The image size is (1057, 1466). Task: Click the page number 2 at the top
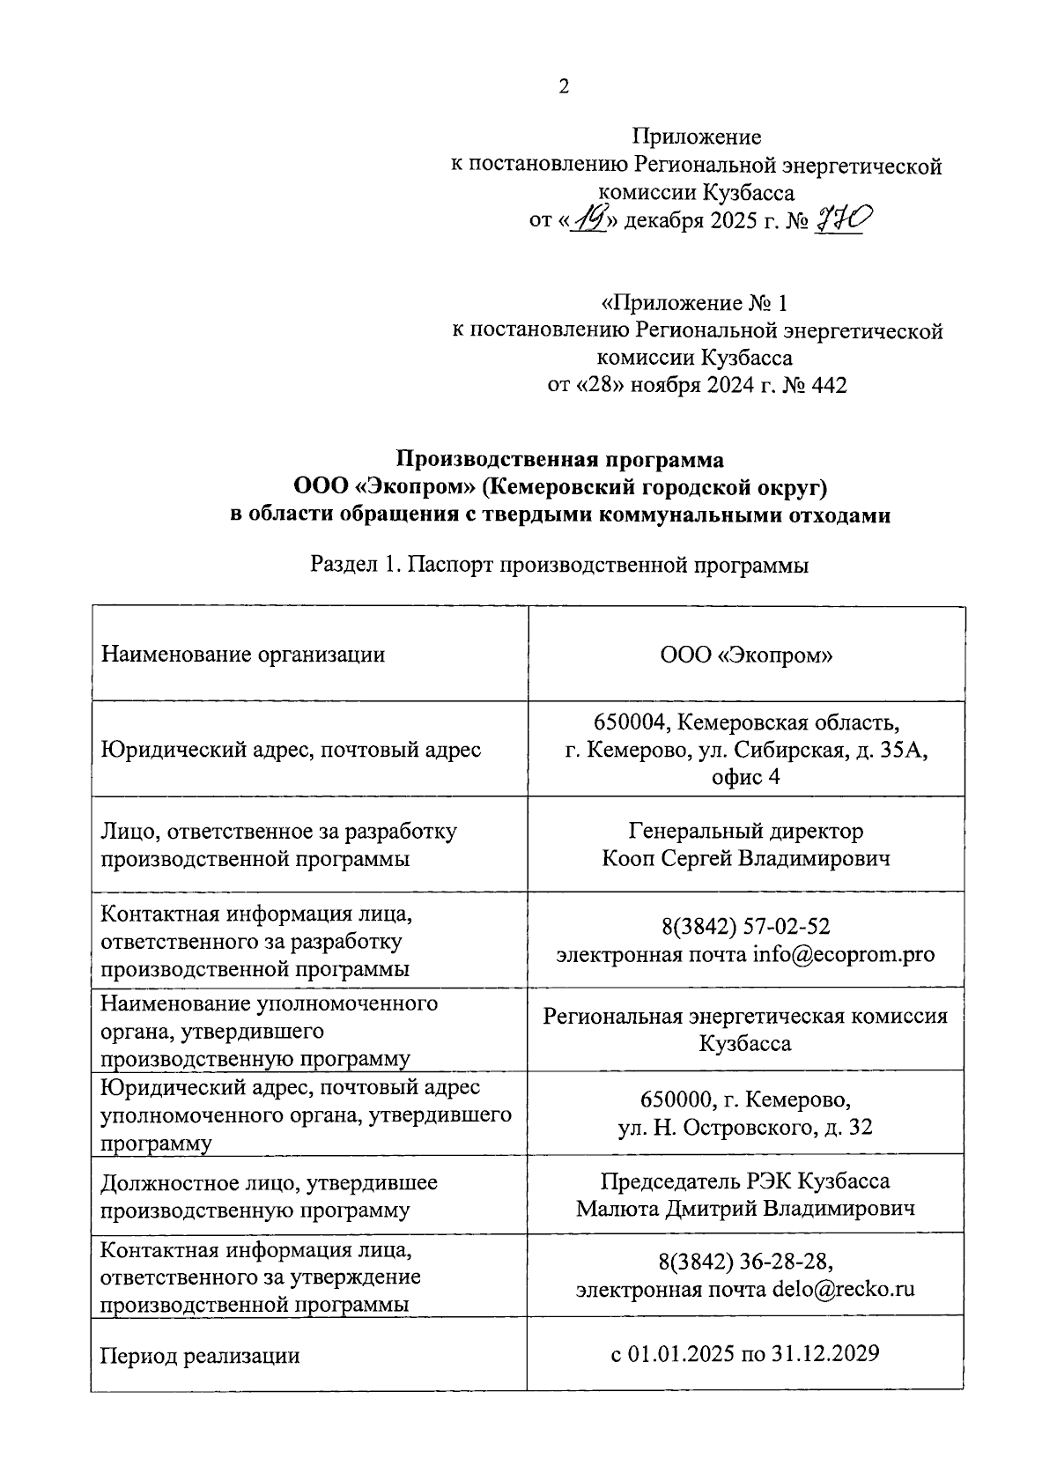[564, 86]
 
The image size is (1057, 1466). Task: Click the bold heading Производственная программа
[560, 459]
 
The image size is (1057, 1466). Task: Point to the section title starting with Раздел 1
[560, 565]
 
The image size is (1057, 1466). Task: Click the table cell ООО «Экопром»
[746, 655]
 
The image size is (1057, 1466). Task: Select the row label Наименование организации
[243, 654]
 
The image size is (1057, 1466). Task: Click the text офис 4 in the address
[746, 777]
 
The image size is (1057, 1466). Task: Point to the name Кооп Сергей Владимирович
[746, 858]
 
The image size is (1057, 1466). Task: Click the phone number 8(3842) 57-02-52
[746, 927]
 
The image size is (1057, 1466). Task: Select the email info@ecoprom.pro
[843, 954]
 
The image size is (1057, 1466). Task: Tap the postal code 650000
[676, 1100]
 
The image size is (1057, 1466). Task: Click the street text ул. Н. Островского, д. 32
[746, 1127]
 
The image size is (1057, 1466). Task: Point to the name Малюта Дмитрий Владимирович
[746, 1208]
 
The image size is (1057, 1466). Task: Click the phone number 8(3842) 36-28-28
[744, 1262]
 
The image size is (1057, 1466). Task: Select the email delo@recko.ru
[843, 1289]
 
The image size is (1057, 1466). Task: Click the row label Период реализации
[200, 1356]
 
